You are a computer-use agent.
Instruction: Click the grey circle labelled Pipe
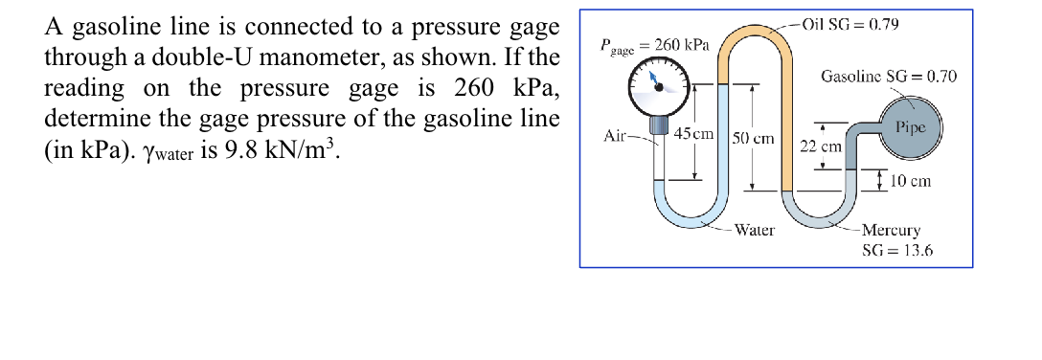[x=910, y=128]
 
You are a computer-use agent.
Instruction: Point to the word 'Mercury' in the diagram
[x=893, y=230]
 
